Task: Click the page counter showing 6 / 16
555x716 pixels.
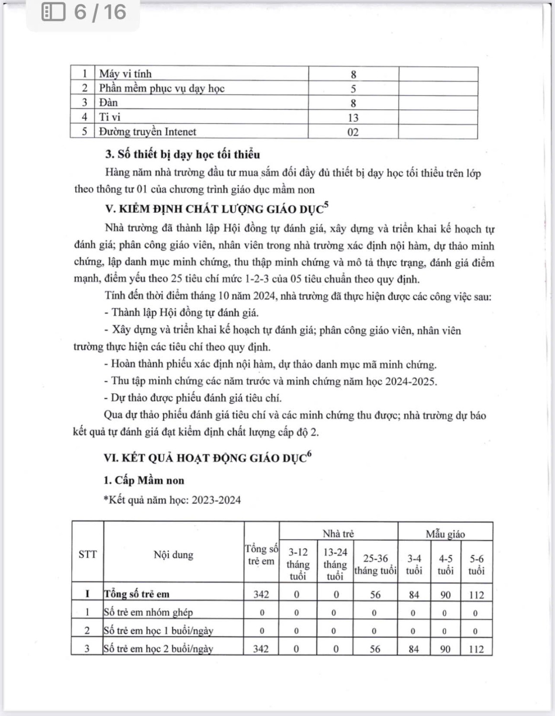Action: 100,12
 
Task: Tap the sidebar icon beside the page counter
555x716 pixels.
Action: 53,12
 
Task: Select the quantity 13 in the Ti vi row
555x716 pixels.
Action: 353,117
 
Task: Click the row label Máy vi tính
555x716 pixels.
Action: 125,74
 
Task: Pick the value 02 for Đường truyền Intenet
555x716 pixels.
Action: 353,132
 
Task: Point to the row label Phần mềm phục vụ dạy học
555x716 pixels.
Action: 161,88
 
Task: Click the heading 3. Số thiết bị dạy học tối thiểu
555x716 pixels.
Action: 182,154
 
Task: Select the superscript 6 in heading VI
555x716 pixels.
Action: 309,454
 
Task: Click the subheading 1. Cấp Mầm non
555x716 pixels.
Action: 144,480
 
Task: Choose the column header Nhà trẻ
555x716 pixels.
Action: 338,534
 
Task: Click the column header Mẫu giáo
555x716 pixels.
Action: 445,534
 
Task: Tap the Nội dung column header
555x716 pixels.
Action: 173,555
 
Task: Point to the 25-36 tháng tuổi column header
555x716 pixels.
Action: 375,565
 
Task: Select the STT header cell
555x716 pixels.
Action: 87,555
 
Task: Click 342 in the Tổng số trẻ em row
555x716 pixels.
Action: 261,595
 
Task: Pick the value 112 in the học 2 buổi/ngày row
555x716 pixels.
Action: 476,649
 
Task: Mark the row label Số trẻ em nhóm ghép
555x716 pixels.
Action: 148,612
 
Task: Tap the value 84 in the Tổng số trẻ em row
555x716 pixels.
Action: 414,595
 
